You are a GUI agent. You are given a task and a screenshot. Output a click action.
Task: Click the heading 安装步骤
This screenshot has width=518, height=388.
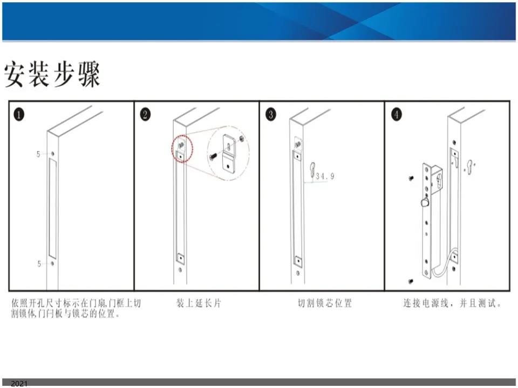[x=52, y=74]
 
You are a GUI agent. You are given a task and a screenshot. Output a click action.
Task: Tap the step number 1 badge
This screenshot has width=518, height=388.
[x=19, y=115]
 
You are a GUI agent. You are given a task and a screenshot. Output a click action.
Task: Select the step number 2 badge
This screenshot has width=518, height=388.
[x=145, y=115]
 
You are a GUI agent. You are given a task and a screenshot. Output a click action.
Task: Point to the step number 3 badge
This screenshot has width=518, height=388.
[x=271, y=115]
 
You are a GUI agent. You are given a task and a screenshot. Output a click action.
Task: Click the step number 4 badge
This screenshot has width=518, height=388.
[x=397, y=115]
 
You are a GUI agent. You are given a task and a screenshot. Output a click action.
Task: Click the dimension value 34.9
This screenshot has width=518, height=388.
[x=325, y=176]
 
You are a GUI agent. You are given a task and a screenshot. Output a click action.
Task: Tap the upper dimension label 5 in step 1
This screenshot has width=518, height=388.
[x=38, y=154]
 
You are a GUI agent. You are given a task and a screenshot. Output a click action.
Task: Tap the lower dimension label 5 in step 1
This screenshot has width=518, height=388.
[x=39, y=264]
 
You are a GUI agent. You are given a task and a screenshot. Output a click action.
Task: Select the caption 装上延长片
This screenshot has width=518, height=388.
[x=199, y=303]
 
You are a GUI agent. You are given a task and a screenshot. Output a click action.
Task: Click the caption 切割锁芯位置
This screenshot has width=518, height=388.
[x=325, y=303]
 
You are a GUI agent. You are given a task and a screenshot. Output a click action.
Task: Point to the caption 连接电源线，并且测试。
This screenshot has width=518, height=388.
[x=452, y=303]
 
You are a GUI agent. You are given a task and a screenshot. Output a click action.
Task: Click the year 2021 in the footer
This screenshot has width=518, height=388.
[x=19, y=383]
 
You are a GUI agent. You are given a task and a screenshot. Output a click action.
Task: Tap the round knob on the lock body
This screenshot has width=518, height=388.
[x=425, y=202]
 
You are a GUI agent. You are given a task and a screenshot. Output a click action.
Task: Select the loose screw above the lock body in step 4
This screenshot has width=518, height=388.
[x=411, y=178]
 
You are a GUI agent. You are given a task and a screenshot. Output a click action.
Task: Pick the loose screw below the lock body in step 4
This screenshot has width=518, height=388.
[x=411, y=281]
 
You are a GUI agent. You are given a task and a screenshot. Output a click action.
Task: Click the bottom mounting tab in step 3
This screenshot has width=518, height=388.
[x=298, y=261]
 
